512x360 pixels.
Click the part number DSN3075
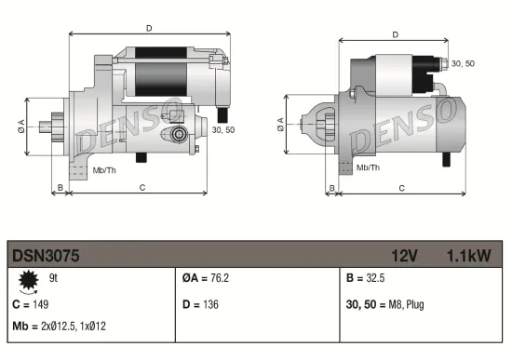[46, 254]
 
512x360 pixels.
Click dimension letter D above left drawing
[149, 28]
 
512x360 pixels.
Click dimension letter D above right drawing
[395, 34]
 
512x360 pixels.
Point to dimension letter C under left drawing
[141, 188]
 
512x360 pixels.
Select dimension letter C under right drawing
[401, 188]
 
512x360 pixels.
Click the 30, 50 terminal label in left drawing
[222, 129]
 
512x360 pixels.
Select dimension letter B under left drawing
[61, 188]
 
